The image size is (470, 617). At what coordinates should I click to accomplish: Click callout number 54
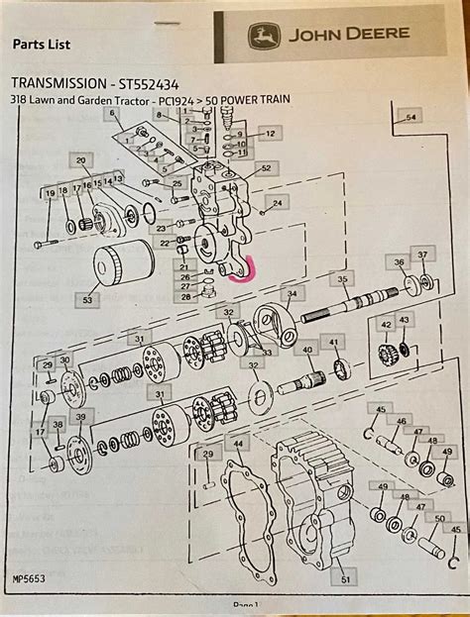pos(411,118)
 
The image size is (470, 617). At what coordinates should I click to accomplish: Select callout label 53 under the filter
pos(87,298)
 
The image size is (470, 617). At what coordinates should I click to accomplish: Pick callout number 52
pos(265,168)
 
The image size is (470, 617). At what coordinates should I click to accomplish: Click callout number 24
pos(277,203)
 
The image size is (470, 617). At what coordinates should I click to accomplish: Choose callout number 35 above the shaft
pos(341,280)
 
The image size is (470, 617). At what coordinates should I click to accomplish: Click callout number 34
pos(292,294)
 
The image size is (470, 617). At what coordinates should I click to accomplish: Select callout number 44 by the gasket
pos(236,445)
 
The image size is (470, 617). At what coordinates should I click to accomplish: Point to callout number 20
pos(81,159)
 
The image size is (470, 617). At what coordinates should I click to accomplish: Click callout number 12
pos(270,133)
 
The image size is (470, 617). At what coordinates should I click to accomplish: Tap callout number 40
pos(307,350)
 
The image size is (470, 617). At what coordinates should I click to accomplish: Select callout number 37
pos(423,255)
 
